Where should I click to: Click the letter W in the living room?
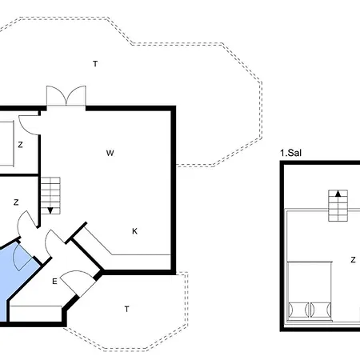(110, 153)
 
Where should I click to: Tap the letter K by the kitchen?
(134, 231)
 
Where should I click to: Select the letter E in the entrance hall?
(54, 282)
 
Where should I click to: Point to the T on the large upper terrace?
(95, 64)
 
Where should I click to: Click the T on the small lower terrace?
(127, 309)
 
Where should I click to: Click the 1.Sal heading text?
(290, 153)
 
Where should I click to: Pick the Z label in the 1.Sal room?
(353, 260)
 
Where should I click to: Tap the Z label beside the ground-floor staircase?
(16, 202)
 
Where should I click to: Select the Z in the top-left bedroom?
(20, 145)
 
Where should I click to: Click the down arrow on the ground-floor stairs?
(50, 210)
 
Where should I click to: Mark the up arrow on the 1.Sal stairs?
(338, 194)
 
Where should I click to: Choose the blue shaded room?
(16, 274)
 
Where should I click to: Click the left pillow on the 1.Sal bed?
(298, 310)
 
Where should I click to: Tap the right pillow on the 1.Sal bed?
(321, 310)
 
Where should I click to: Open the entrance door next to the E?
(78, 280)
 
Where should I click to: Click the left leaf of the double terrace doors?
(56, 95)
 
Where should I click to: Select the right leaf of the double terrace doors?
(76, 95)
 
